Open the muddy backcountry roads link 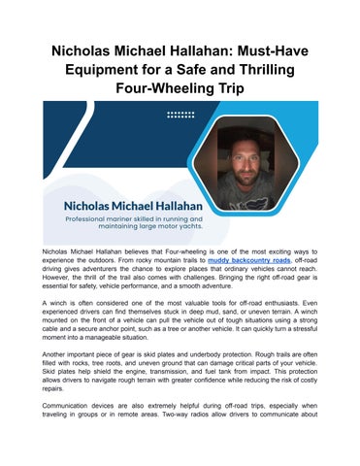[x=247, y=260]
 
